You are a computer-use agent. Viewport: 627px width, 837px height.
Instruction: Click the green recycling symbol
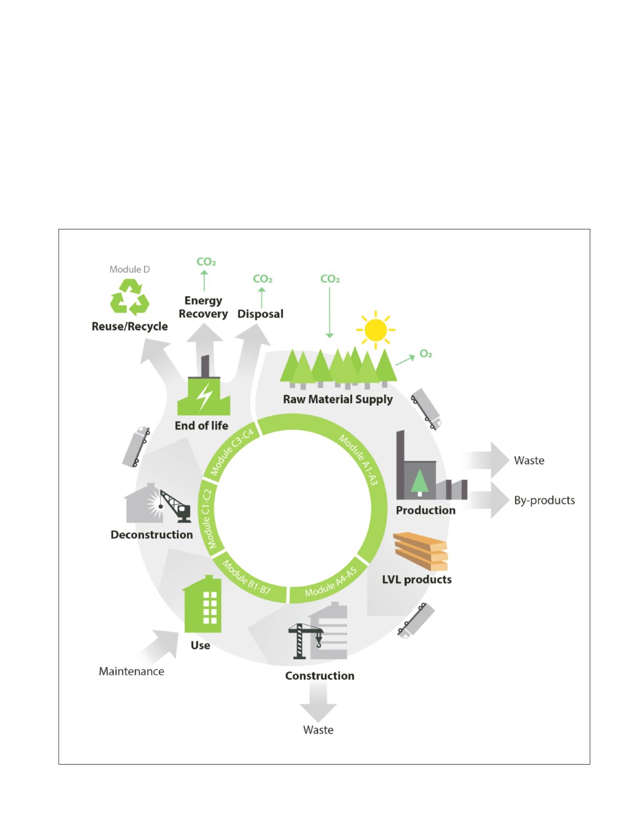tap(129, 297)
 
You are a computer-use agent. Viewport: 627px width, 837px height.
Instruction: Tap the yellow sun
tap(375, 330)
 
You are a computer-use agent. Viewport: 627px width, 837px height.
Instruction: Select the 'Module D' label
tap(129, 269)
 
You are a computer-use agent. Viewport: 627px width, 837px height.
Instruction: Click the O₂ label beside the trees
tap(426, 354)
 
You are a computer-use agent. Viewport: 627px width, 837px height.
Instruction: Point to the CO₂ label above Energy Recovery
tap(206, 261)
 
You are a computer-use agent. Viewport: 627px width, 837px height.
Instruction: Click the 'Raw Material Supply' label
tap(338, 399)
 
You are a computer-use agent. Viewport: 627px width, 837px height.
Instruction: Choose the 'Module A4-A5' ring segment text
tap(331, 582)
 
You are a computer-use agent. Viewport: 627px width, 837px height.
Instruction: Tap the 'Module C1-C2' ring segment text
tap(211, 519)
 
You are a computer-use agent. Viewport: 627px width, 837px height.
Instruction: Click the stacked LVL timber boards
tap(420, 552)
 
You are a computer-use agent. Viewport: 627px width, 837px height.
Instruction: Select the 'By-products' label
tap(544, 500)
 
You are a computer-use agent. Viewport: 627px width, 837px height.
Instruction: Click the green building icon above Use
tap(202, 603)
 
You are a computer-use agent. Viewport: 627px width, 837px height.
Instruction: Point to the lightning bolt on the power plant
tap(204, 397)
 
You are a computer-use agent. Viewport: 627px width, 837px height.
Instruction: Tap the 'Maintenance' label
tap(132, 671)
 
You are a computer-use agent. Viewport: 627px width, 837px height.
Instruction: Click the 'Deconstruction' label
tap(152, 535)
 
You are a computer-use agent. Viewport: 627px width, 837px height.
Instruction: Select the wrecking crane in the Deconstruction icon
tap(176, 506)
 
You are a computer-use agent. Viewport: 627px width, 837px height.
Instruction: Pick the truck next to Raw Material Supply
tap(426, 409)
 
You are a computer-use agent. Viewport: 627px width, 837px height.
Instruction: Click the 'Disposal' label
tap(260, 314)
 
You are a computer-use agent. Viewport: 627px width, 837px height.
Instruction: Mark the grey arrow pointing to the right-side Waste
tap(485, 460)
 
